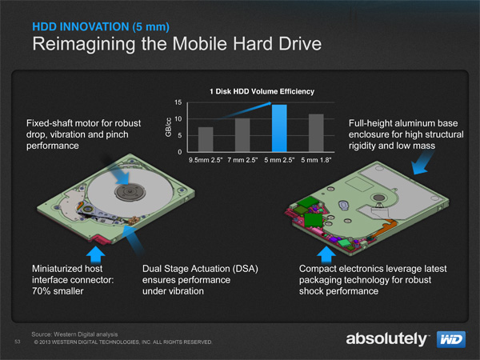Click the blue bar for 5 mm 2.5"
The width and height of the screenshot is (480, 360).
pyautogui.click(x=279, y=128)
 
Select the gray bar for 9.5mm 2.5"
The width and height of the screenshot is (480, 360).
pyautogui.click(x=206, y=139)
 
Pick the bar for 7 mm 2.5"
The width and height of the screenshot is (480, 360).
pyautogui.click(x=242, y=135)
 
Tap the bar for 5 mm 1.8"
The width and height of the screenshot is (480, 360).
pyautogui.click(x=316, y=133)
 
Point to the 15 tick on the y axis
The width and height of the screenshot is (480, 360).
pyautogui.click(x=178, y=102)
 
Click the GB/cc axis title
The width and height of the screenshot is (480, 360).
pyautogui.click(x=168, y=127)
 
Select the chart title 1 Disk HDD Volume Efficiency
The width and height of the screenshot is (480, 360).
pyautogui.click(x=262, y=91)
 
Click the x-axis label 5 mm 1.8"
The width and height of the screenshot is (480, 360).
pyautogui.click(x=316, y=160)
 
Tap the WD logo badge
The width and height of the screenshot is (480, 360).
pyautogui.click(x=451, y=339)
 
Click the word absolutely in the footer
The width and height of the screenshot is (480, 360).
pyautogui.click(x=386, y=339)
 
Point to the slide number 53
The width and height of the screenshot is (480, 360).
pyautogui.click(x=18, y=342)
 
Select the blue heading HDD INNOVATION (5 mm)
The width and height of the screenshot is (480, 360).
pyautogui.click(x=101, y=27)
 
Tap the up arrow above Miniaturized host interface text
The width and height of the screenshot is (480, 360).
pyautogui.click(x=96, y=254)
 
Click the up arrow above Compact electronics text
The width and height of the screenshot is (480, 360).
pyautogui.click(x=326, y=254)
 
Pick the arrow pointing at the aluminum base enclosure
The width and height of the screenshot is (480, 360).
pyautogui.click(x=422, y=162)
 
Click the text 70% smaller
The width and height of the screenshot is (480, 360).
pyautogui.click(x=58, y=291)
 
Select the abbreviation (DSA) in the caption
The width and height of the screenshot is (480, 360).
pyautogui.click(x=245, y=269)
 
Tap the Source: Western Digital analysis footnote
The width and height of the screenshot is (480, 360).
pyautogui.click(x=74, y=334)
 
